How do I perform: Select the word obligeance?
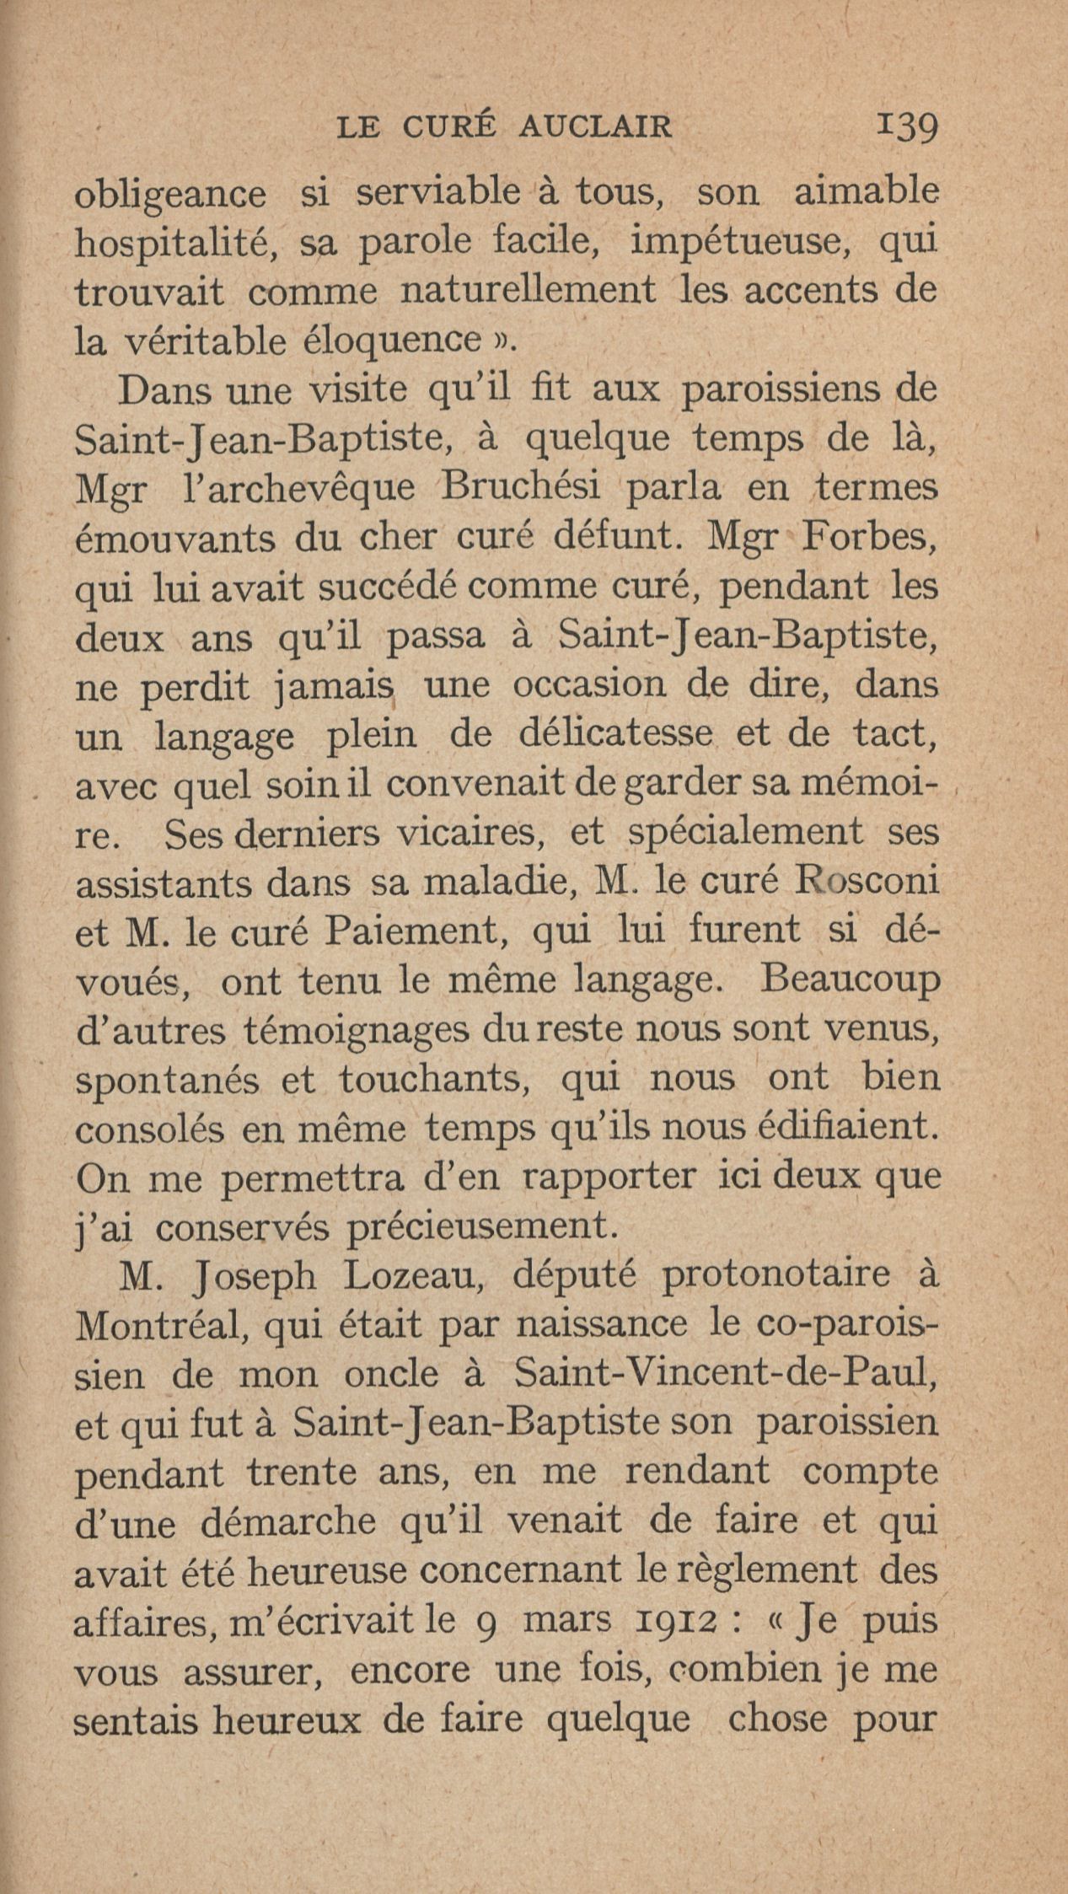(x=170, y=195)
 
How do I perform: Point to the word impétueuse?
(x=744, y=244)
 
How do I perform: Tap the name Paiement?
(x=416, y=931)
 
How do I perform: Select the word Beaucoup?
(x=849, y=980)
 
